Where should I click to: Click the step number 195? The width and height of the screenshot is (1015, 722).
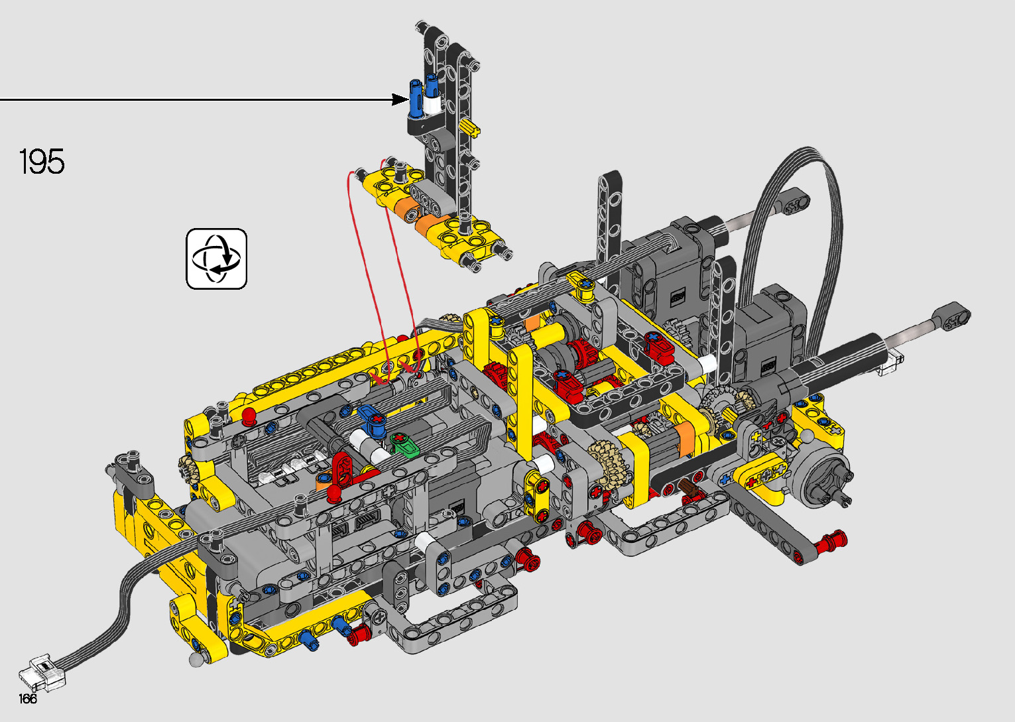42,161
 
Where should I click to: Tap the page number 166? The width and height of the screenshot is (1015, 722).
28,698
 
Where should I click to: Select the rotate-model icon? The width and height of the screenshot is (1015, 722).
217,259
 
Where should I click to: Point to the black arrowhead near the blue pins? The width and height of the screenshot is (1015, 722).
400,99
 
